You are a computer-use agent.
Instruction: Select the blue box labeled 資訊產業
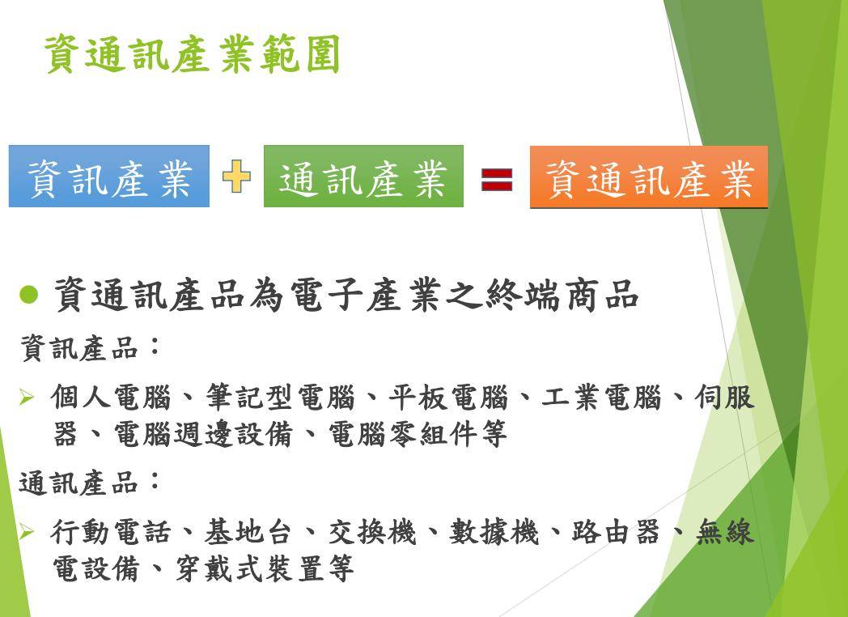[x=109, y=177]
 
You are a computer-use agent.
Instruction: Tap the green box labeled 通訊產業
[x=363, y=177]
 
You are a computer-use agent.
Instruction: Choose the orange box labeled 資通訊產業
[x=649, y=177]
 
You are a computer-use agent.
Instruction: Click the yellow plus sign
[x=236, y=177]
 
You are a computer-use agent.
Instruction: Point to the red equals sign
[x=497, y=180]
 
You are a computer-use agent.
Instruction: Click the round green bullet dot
[x=28, y=295]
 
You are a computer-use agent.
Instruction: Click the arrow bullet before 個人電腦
[x=26, y=398]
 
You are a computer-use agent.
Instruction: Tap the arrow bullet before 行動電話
[x=26, y=533]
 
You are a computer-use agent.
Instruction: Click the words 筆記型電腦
[x=280, y=398]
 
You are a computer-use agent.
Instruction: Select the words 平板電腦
[x=448, y=398]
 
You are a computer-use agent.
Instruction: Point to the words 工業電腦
[x=601, y=398]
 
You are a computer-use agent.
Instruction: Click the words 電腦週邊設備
[x=203, y=434]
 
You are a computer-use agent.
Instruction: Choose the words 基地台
[x=248, y=532]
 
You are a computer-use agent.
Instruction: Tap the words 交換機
[x=372, y=532]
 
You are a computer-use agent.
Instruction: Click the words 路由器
[x=616, y=532]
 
